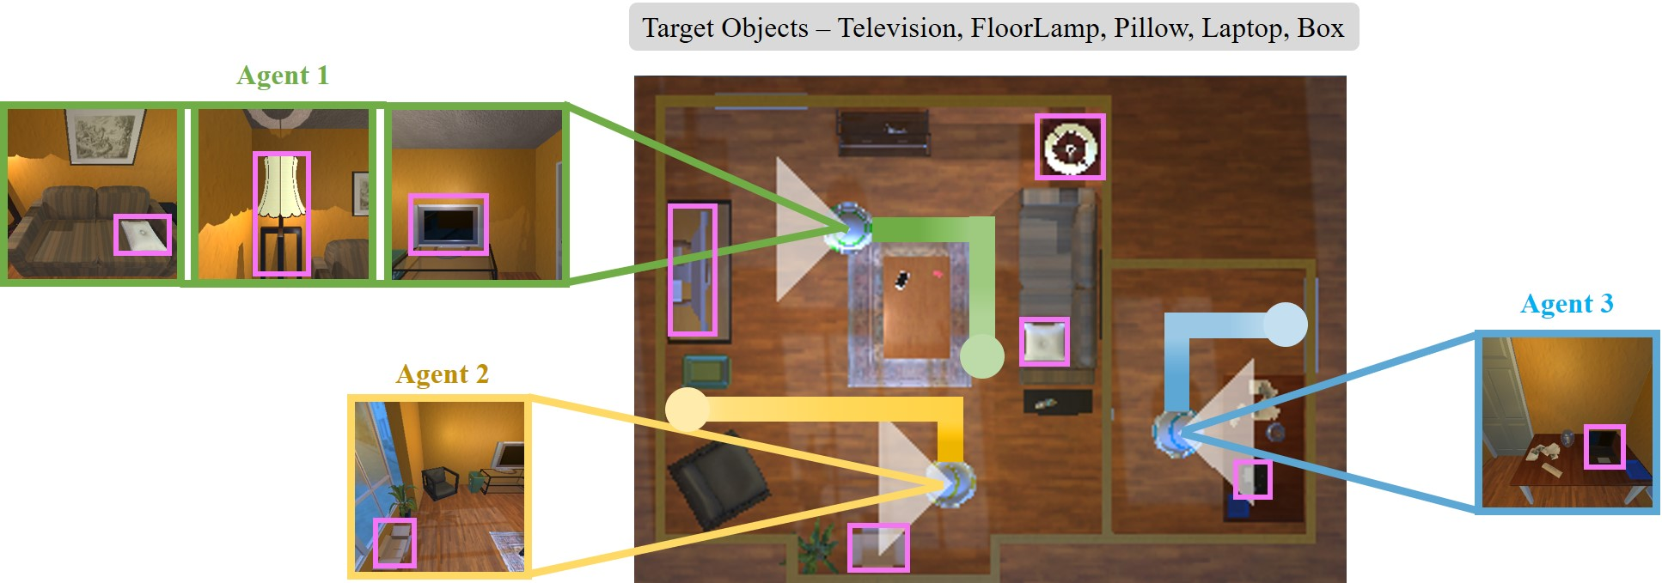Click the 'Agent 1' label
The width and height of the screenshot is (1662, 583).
coord(282,76)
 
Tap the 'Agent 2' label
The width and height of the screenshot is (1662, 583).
coord(442,374)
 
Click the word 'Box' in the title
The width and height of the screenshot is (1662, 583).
coord(1320,28)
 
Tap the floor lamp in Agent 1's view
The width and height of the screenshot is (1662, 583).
coord(282,213)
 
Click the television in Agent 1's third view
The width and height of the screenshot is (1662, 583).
coord(448,224)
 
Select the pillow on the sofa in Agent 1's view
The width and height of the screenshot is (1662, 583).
coord(143,235)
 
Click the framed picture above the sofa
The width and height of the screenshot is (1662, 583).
coord(106,136)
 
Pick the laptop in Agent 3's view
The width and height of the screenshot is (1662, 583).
coord(1604,446)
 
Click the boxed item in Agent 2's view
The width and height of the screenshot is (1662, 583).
coord(394,543)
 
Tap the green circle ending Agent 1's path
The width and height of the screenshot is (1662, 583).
coord(981,355)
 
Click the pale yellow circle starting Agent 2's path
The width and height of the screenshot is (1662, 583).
coord(687,409)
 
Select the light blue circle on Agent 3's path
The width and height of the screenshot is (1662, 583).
coord(1286,325)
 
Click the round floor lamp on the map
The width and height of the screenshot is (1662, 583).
coord(1069,147)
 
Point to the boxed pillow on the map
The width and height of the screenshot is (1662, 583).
coord(1044,342)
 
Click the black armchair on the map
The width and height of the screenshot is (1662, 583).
coord(718,481)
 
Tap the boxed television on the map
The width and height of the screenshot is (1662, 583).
coord(693,270)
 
